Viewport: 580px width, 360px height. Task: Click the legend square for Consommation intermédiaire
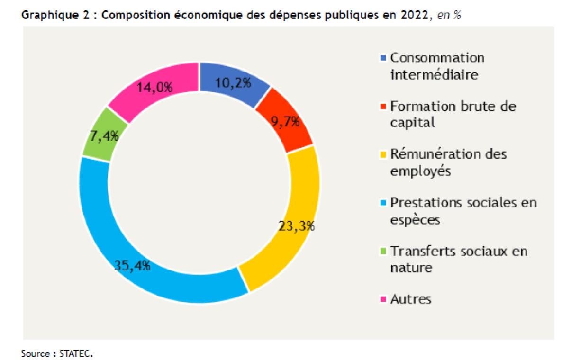pyautogui.click(x=383, y=58)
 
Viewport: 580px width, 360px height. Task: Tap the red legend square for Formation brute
pyautogui.click(x=383, y=106)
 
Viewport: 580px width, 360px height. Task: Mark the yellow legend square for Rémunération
pyautogui.click(x=383, y=154)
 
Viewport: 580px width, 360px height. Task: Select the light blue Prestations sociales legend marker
pyautogui.click(x=383, y=203)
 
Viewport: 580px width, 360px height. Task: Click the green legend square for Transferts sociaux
pyautogui.click(x=383, y=251)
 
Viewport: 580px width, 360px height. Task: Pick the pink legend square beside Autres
pyautogui.click(x=383, y=299)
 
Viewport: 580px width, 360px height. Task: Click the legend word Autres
pyautogui.click(x=411, y=299)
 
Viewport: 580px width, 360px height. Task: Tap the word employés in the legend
pyautogui.click(x=421, y=171)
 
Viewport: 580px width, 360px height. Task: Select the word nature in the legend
pyautogui.click(x=411, y=268)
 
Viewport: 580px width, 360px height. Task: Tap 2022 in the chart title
pyautogui.click(x=419, y=14)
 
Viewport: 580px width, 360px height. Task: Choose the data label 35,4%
pyautogui.click(x=132, y=265)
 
